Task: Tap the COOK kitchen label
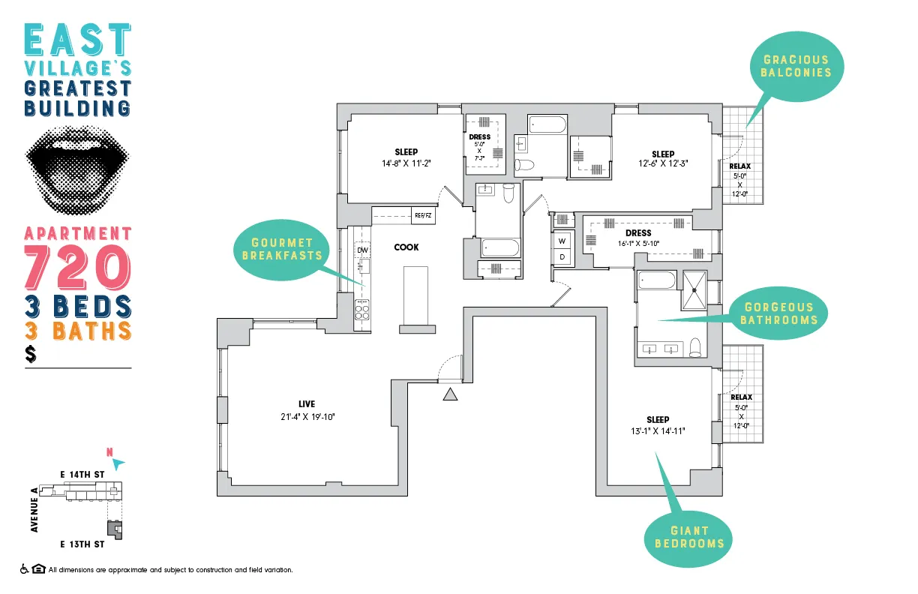coord(406,247)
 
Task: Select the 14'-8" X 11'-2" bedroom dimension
coord(406,163)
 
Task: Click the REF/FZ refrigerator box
coord(423,215)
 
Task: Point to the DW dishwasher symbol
coord(363,250)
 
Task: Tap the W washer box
coord(562,241)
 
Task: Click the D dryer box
coord(562,257)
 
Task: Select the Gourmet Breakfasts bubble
coord(282,249)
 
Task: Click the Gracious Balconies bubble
coord(796,66)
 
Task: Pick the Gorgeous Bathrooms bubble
coord(778,313)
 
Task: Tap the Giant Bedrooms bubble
coord(689,536)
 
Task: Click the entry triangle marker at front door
coord(450,394)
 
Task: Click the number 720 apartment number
coord(78,266)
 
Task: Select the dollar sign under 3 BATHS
coord(31,354)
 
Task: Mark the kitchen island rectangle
coord(417,295)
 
